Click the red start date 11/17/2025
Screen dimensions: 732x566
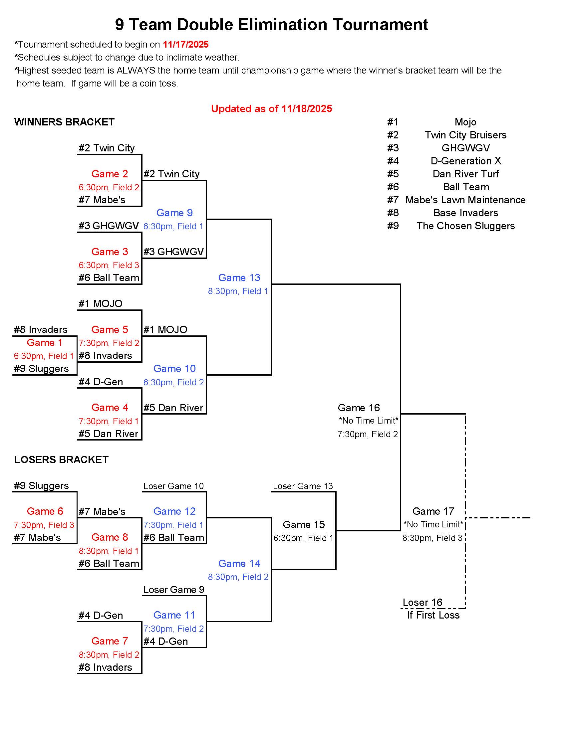click(x=185, y=45)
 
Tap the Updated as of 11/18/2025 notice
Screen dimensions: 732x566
click(x=271, y=108)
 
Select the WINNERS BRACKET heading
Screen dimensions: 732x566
click(x=64, y=122)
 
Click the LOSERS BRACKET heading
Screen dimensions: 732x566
click(x=61, y=459)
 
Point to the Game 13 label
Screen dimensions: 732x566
click(x=239, y=277)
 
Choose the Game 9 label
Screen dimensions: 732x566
click(x=174, y=213)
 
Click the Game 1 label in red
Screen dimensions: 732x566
click(x=45, y=342)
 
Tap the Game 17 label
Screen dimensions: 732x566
click(x=433, y=511)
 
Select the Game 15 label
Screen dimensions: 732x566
click(x=304, y=524)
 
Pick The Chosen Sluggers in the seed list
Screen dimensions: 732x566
click(x=465, y=226)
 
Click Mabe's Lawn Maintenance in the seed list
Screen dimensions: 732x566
click(x=465, y=200)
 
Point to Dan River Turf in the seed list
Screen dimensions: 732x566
click(x=465, y=174)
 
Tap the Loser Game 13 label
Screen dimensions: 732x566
click(x=303, y=486)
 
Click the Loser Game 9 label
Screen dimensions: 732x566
click(x=174, y=590)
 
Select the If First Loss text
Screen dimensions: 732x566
click(x=433, y=615)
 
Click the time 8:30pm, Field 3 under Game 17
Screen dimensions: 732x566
click(x=432, y=538)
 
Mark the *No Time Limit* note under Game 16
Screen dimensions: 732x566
click(x=369, y=420)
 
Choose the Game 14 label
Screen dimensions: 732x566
click(x=239, y=563)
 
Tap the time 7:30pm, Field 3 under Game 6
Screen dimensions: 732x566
click(x=44, y=525)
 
